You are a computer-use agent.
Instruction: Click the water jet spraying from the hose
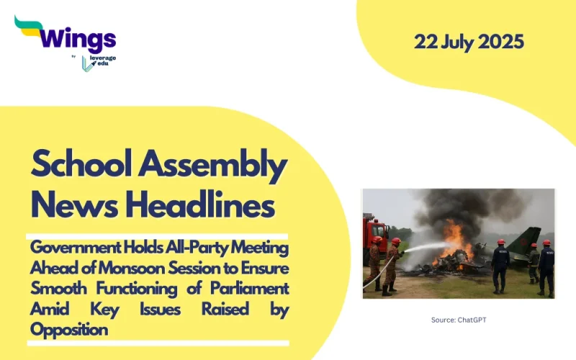tap(425, 248)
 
